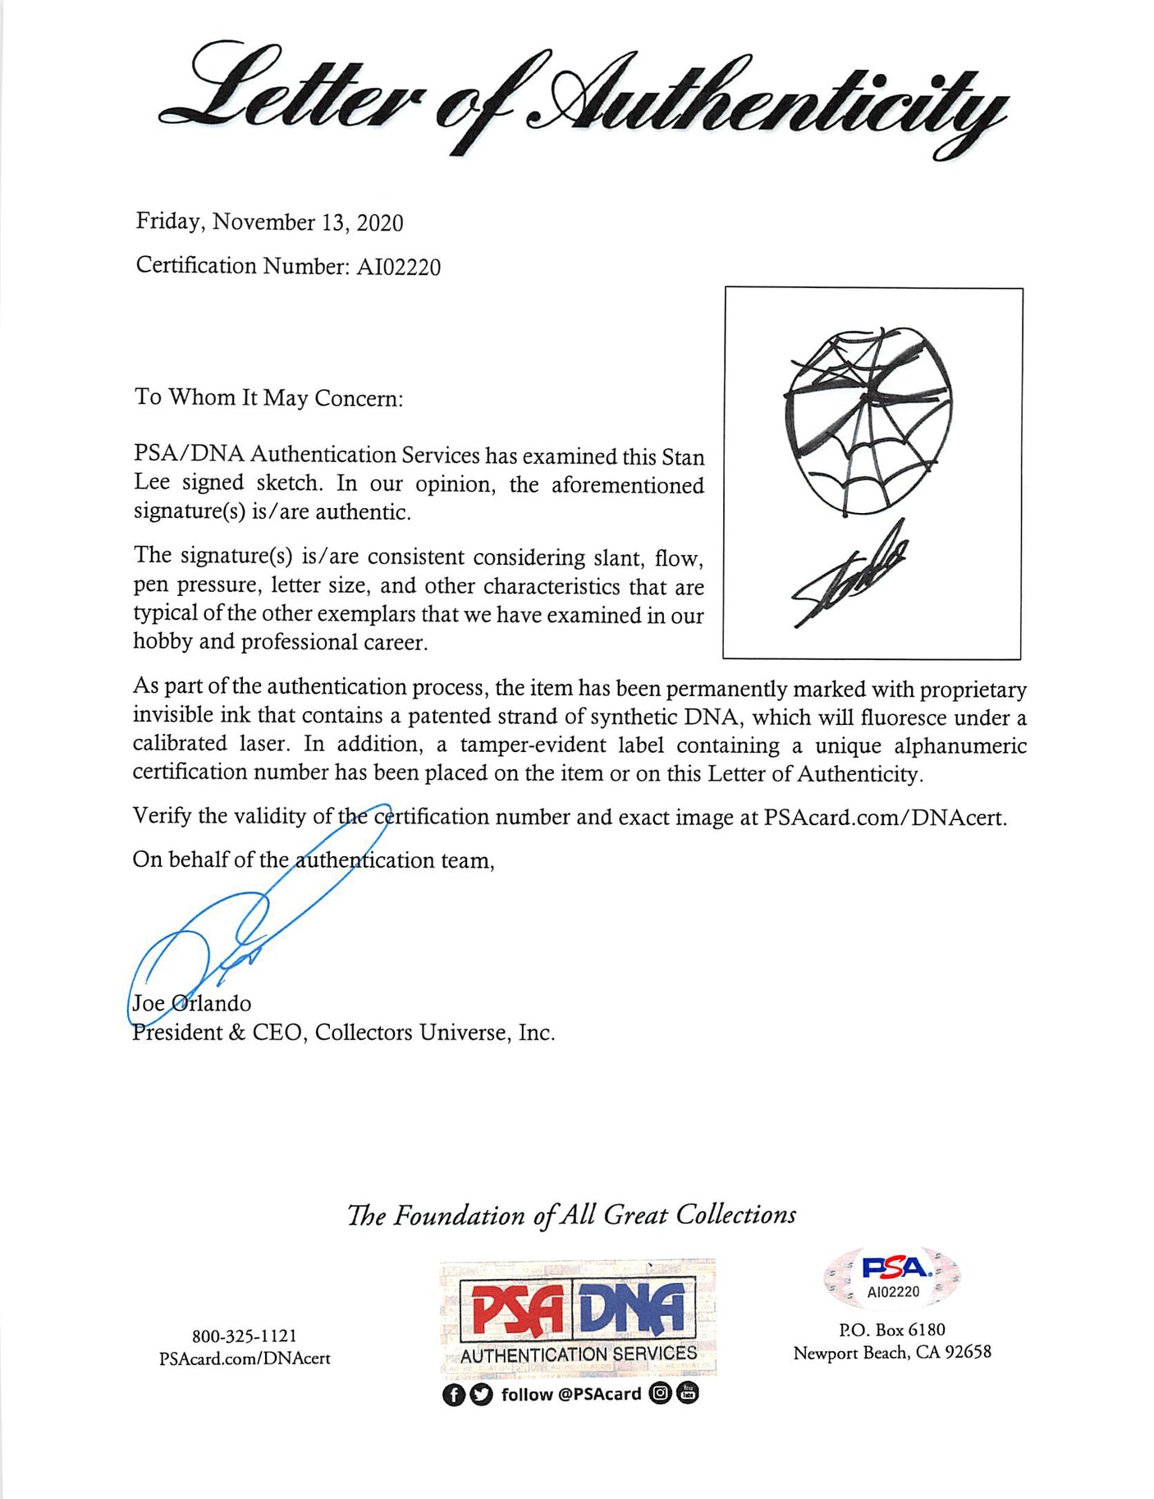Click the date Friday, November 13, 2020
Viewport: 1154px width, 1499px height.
[269, 222]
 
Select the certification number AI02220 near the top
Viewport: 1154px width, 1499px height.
[398, 268]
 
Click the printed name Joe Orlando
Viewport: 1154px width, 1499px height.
[192, 1003]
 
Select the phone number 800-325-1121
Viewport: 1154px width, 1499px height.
[245, 1336]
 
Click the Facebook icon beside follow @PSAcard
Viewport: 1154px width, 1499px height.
[452, 1395]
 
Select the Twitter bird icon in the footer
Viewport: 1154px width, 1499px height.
[482, 1395]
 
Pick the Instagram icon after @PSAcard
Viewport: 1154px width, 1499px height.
[659, 1393]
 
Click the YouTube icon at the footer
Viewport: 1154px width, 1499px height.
[688, 1393]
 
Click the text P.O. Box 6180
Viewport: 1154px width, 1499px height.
[892, 1330]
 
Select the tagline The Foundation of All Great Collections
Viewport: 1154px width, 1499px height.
[571, 1215]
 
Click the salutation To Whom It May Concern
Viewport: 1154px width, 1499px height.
[268, 398]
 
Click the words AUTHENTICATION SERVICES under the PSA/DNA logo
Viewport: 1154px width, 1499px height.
[578, 1354]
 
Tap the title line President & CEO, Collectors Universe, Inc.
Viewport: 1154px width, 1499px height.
[344, 1033]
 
